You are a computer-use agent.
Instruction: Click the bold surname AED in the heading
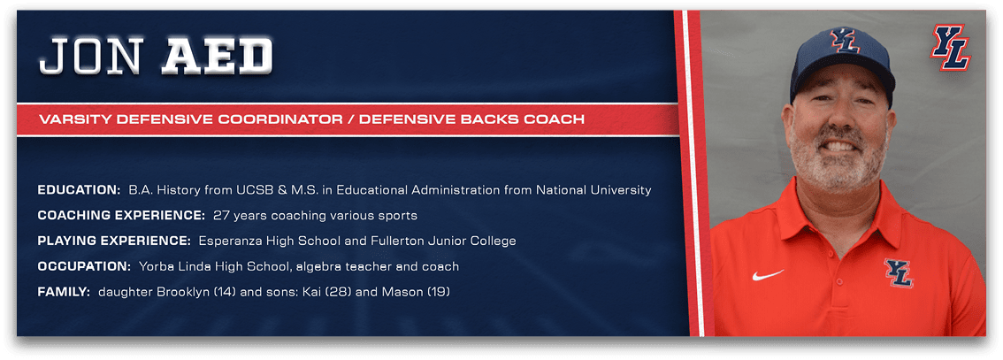point(217,57)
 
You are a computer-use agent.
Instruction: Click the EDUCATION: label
point(80,190)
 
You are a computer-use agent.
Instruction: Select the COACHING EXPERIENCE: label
point(121,216)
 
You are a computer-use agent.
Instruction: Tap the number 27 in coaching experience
point(221,216)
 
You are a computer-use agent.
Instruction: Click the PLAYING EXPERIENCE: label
point(114,241)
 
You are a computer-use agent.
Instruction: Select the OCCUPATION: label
point(84,266)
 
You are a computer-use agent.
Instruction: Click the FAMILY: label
point(64,292)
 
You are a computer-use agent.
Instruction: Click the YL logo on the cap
point(845,40)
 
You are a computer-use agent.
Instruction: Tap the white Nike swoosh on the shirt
point(768,275)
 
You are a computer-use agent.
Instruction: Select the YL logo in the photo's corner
point(951,46)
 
